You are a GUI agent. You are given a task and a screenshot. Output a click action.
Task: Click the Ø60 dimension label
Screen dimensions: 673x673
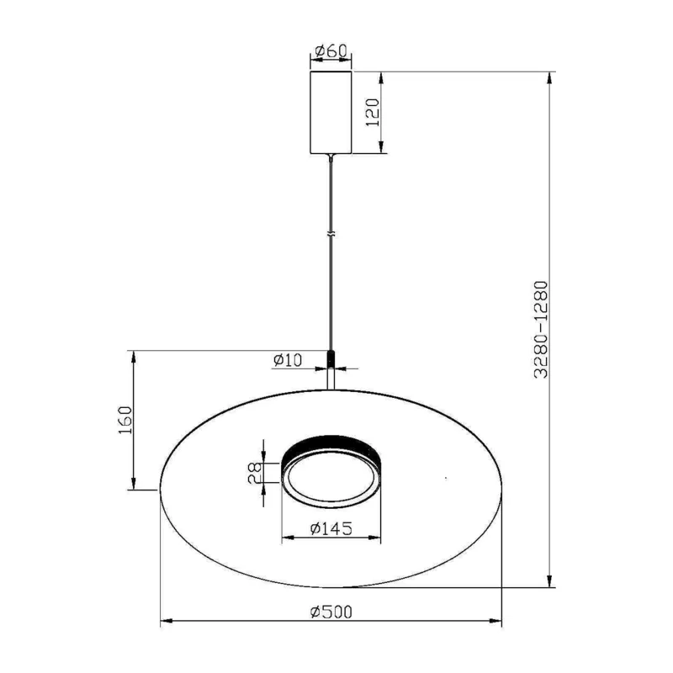pos(331,51)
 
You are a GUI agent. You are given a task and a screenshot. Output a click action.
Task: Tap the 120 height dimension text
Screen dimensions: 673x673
pos(372,113)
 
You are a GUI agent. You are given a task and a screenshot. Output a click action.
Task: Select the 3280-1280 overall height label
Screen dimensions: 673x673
pos(541,330)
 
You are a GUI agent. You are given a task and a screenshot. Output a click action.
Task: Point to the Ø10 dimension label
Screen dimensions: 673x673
pos(288,360)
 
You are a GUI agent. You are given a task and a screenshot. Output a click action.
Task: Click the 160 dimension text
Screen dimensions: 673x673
pos(125,420)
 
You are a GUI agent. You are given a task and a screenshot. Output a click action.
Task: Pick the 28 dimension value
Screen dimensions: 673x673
pos(255,473)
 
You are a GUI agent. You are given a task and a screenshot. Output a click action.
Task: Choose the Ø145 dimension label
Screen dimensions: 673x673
pos(331,529)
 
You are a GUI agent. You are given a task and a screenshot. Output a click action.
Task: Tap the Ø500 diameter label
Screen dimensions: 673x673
pos(331,612)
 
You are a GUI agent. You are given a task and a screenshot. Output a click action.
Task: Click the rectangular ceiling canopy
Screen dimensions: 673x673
pos(331,113)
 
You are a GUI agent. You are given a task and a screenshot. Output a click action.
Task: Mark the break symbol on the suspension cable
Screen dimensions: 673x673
pos(331,235)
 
